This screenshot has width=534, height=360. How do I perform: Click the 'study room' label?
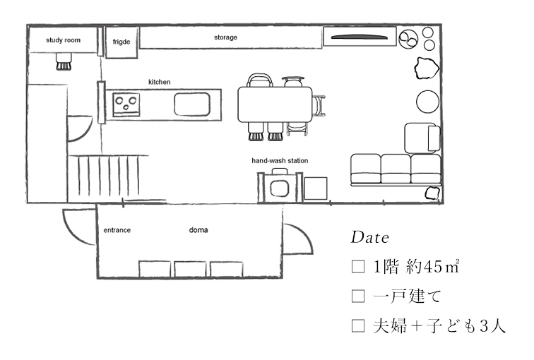[x=64, y=40]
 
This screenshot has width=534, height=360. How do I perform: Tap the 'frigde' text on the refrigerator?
[x=121, y=42]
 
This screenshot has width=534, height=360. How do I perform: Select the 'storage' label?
[x=225, y=37]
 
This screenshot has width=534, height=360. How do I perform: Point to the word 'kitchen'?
[x=160, y=82]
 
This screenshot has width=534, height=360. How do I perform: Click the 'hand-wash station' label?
[x=280, y=161]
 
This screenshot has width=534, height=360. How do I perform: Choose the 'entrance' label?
[x=117, y=230]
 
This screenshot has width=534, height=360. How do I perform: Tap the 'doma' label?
[x=198, y=230]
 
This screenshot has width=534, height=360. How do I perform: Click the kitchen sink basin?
[x=192, y=104]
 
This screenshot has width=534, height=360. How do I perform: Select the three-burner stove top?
[x=126, y=104]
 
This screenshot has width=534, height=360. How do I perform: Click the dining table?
[x=275, y=104]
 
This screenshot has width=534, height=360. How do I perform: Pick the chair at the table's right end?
[x=319, y=105]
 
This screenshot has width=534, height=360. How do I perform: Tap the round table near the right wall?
[x=428, y=102]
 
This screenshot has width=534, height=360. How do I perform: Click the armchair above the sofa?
[x=422, y=138]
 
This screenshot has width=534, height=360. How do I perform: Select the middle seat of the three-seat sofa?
[x=396, y=169]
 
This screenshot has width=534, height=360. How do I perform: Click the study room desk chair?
[x=64, y=61]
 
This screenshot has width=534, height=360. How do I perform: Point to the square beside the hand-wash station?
[x=316, y=188]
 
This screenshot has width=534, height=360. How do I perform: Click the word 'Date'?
[x=370, y=237]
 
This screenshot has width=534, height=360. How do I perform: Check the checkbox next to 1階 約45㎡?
[x=358, y=267]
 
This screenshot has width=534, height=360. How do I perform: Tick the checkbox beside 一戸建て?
[x=358, y=296]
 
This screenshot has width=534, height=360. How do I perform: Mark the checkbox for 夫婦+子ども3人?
[x=358, y=325]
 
